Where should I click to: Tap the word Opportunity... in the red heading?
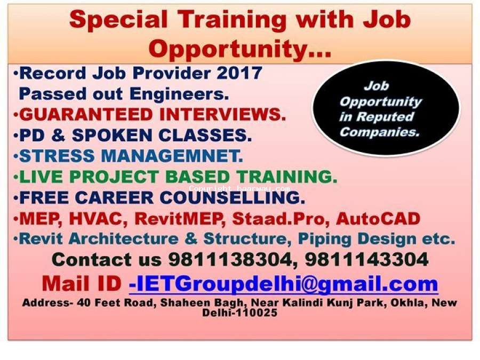[x=240, y=49]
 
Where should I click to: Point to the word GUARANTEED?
[x=86, y=115]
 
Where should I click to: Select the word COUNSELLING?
[x=232, y=197]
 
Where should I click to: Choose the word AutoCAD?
[x=378, y=219]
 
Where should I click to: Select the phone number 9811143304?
[x=366, y=260]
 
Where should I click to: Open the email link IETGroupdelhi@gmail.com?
[x=284, y=284]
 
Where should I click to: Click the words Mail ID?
[x=82, y=284]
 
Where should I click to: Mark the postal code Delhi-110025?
[x=239, y=313]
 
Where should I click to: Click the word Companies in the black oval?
[x=379, y=132]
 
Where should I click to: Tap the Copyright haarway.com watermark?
[x=239, y=188]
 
